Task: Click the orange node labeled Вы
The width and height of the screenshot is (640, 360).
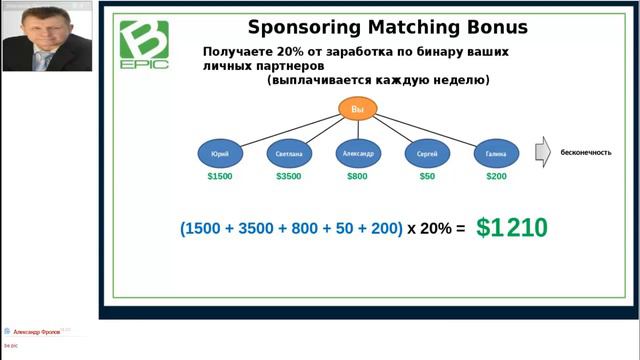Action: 357,109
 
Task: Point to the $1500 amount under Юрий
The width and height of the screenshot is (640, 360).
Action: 220,176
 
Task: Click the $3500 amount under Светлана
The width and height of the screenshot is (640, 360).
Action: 289,176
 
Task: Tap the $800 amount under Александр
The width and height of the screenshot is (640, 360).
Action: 357,176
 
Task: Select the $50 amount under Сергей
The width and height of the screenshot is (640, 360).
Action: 427,176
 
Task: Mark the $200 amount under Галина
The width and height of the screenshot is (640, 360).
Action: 496,176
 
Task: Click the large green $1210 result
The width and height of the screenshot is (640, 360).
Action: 511,228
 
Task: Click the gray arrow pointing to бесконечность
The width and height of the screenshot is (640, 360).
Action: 542,152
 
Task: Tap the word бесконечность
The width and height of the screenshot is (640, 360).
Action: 586,152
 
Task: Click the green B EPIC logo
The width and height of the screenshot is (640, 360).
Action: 144,44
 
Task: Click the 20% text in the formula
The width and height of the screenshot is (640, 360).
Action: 436,229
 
